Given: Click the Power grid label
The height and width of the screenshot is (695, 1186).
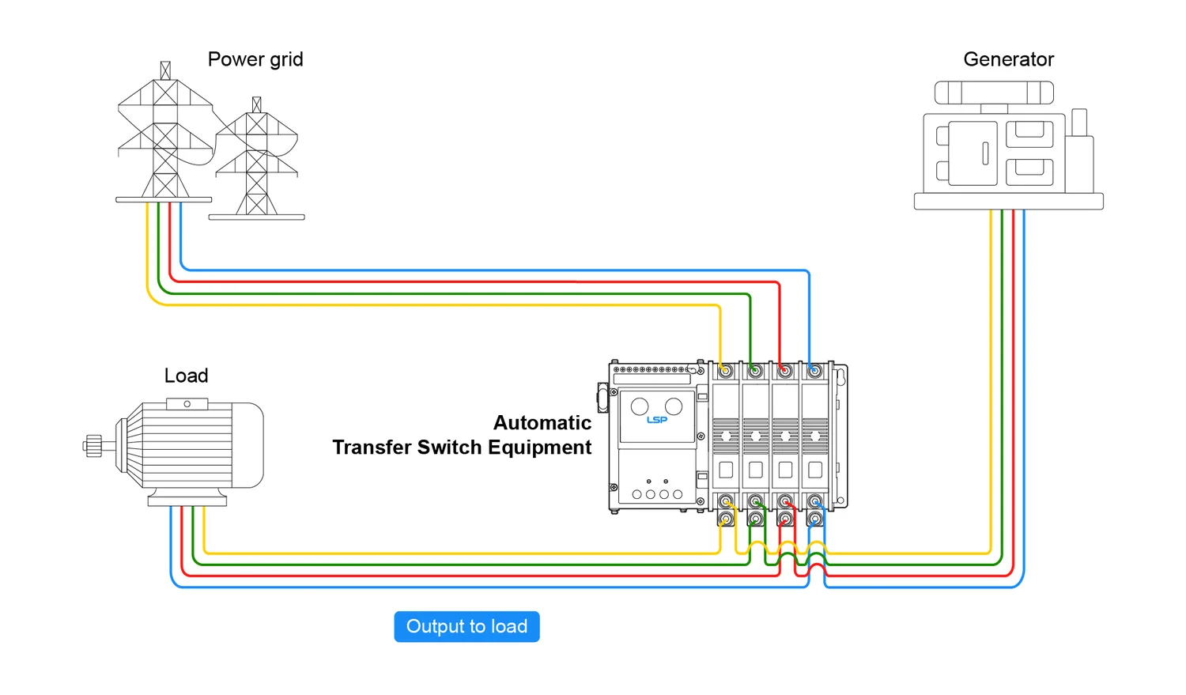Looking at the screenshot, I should pos(255,59).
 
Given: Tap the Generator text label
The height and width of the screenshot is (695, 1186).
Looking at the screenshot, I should pos(1008,59).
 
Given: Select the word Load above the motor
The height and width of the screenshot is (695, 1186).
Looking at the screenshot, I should pos(186,376).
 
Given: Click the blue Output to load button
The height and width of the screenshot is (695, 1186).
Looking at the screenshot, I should pos(466,626).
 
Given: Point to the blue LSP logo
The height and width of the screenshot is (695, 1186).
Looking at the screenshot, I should pos(657,420).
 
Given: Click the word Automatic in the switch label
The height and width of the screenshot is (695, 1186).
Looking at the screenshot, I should pos(542,423).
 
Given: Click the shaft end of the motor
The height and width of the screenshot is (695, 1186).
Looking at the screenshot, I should pos(93,446).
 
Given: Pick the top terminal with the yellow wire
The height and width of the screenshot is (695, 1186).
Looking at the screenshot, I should pos(726,371).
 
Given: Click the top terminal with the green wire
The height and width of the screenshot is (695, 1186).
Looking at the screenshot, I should pos(756,371).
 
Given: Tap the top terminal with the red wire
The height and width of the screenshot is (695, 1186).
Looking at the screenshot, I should pos(785,371).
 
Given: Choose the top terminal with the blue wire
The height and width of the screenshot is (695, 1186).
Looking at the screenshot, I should pos(814,371).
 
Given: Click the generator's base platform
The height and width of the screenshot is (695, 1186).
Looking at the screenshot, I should pos(1008,202).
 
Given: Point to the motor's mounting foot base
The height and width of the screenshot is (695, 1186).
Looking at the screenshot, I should pos(187,500).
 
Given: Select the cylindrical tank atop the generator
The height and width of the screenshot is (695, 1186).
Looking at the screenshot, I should pos(994,93).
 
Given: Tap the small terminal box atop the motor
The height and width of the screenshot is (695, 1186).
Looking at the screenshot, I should pos(187,404).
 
